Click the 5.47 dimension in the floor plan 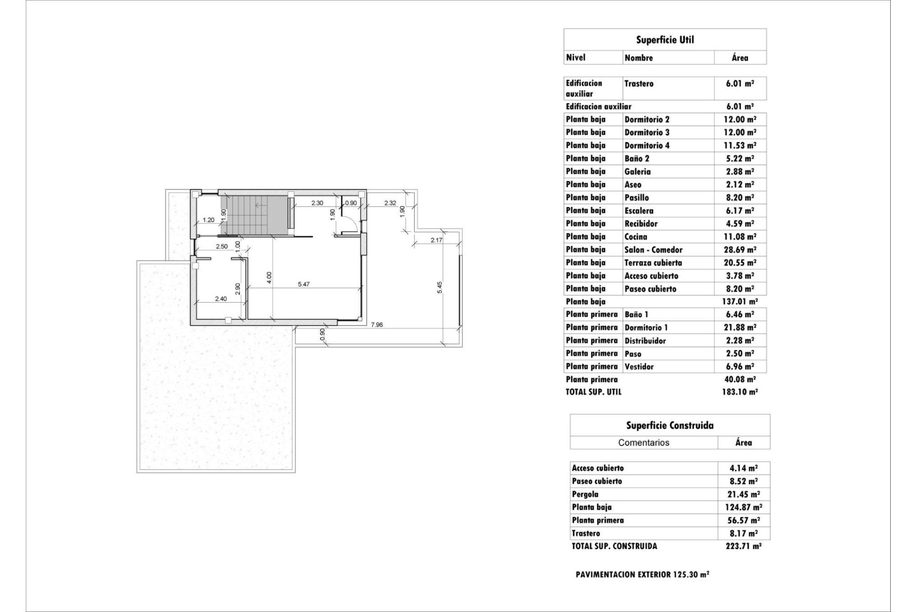304,284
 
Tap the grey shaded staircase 255,215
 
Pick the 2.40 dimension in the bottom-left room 221,299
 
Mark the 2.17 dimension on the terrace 436,240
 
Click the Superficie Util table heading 665,40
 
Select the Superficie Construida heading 670,425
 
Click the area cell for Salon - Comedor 740,250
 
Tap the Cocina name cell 636,237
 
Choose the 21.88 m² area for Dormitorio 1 740,328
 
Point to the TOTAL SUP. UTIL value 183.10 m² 740,392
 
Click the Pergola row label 585,494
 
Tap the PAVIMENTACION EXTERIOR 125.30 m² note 642,575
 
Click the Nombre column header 639,58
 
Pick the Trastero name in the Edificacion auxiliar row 639,84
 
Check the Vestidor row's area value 740,367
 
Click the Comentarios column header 643,443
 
